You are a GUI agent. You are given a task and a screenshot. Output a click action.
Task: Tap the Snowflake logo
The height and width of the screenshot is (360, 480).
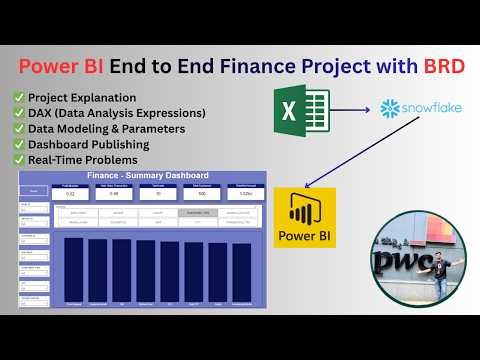pyautogui.click(x=421, y=108)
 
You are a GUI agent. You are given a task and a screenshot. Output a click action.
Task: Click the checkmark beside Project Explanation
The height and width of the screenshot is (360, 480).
pyautogui.click(x=19, y=97)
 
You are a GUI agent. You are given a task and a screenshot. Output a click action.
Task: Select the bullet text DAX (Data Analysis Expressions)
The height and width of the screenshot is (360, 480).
pyautogui.click(x=116, y=112)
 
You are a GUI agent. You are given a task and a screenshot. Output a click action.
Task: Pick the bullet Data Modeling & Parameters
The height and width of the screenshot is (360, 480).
pyautogui.click(x=105, y=128)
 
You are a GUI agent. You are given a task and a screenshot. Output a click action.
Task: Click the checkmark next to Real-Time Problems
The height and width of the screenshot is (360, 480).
pyautogui.click(x=19, y=160)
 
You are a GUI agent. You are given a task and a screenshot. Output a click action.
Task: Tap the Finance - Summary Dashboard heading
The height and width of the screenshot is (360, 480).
pyautogui.click(x=148, y=176)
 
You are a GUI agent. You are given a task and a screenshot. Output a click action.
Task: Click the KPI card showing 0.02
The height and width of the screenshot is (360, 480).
pyautogui.click(x=70, y=194)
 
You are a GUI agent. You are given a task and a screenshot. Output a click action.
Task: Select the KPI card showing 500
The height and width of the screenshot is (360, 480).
pyautogui.click(x=202, y=194)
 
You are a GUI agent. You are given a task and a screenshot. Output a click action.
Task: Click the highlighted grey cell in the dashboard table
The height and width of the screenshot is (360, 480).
pyautogui.click(x=198, y=213)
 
